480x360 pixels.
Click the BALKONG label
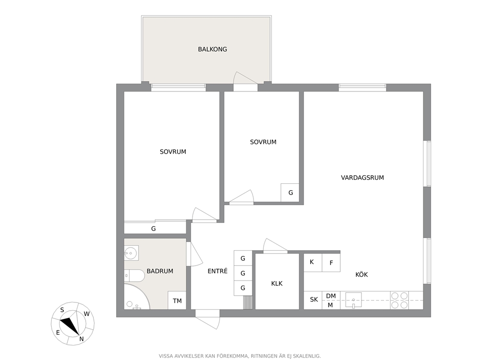click(212, 49)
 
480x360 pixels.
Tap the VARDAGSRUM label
click(362, 178)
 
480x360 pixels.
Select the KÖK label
click(361, 274)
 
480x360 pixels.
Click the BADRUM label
click(160, 271)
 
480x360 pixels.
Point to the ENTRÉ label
click(217, 271)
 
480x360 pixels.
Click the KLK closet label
click(277, 284)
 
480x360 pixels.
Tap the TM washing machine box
click(177, 300)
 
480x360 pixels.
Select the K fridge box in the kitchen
click(313, 262)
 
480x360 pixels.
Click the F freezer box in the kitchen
click(331, 262)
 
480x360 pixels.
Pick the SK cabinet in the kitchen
click(313, 300)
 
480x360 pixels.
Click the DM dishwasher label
click(331, 296)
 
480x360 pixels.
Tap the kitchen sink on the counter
click(354, 300)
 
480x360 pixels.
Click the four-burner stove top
click(400, 300)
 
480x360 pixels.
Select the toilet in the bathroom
click(135, 275)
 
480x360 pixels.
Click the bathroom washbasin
click(131, 253)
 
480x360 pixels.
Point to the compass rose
click(73, 324)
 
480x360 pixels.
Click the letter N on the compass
click(81, 339)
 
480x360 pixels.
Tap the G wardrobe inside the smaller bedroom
click(290, 193)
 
